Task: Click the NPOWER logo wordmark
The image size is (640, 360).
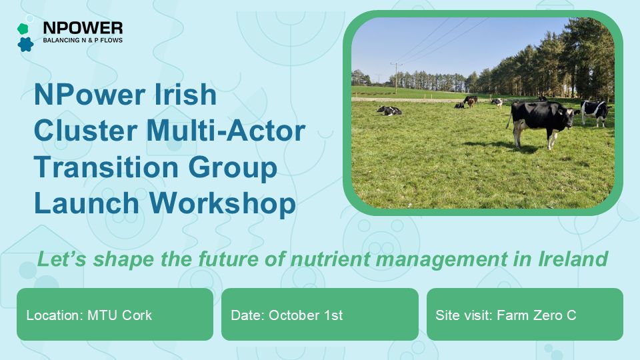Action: click(x=83, y=28)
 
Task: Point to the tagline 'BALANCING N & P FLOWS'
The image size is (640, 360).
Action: click(x=82, y=41)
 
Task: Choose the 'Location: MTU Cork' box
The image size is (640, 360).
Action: click(x=115, y=314)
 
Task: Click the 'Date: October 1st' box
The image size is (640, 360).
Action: click(x=319, y=314)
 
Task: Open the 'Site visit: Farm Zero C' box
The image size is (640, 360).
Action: click(x=525, y=314)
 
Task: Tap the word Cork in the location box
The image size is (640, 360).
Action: click(x=137, y=315)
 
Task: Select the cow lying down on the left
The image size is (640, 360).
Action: click(x=389, y=110)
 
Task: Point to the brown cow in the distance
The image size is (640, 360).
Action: click(x=470, y=101)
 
